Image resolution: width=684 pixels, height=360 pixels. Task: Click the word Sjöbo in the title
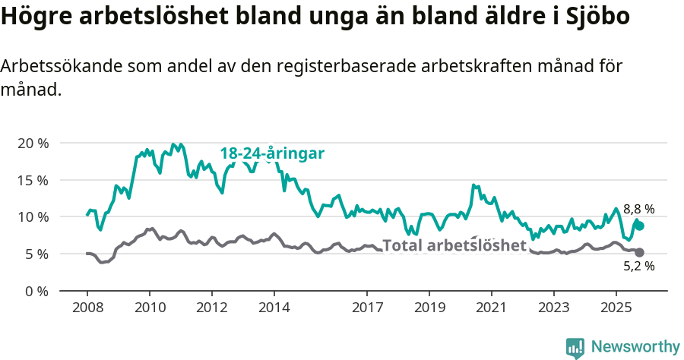click(x=597, y=16)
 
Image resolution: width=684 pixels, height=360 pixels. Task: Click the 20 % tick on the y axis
click(x=33, y=143)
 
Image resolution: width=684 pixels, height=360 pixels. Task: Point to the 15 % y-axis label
click(x=33, y=180)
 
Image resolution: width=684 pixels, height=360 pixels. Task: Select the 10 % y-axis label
click(x=33, y=216)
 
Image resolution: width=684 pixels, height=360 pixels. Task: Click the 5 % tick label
click(x=36, y=254)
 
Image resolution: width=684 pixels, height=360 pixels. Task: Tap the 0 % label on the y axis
click(x=36, y=290)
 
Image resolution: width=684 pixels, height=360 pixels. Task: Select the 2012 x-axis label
click(x=211, y=308)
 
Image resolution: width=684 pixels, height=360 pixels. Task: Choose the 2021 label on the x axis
click(x=491, y=308)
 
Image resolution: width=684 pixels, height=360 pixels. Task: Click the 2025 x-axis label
click(x=615, y=308)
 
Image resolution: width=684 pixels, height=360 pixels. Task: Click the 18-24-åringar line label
click(x=272, y=153)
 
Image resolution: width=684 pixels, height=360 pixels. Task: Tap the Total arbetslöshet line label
click(x=454, y=245)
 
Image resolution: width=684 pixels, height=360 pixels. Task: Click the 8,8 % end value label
click(x=638, y=209)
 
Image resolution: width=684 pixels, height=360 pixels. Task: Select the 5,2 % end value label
click(x=638, y=266)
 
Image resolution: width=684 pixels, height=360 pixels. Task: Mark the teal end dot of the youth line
click(x=639, y=226)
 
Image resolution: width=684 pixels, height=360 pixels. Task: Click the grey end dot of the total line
click(x=639, y=252)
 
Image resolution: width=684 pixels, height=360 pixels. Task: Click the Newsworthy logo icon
click(x=575, y=347)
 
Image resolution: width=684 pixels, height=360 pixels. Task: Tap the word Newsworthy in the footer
click(x=635, y=347)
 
